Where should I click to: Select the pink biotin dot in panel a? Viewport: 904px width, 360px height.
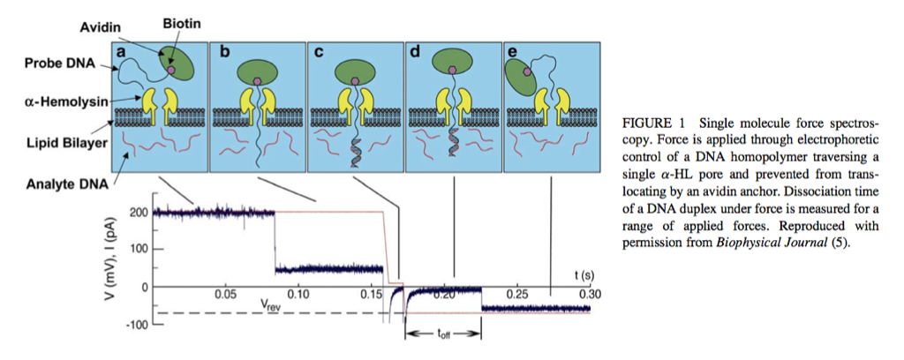(x=171, y=68)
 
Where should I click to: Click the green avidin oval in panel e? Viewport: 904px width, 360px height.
(x=526, y=82)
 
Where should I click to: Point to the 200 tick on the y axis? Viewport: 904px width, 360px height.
(x=136, y=213)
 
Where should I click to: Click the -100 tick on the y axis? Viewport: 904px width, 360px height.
(x=134, y=326)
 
